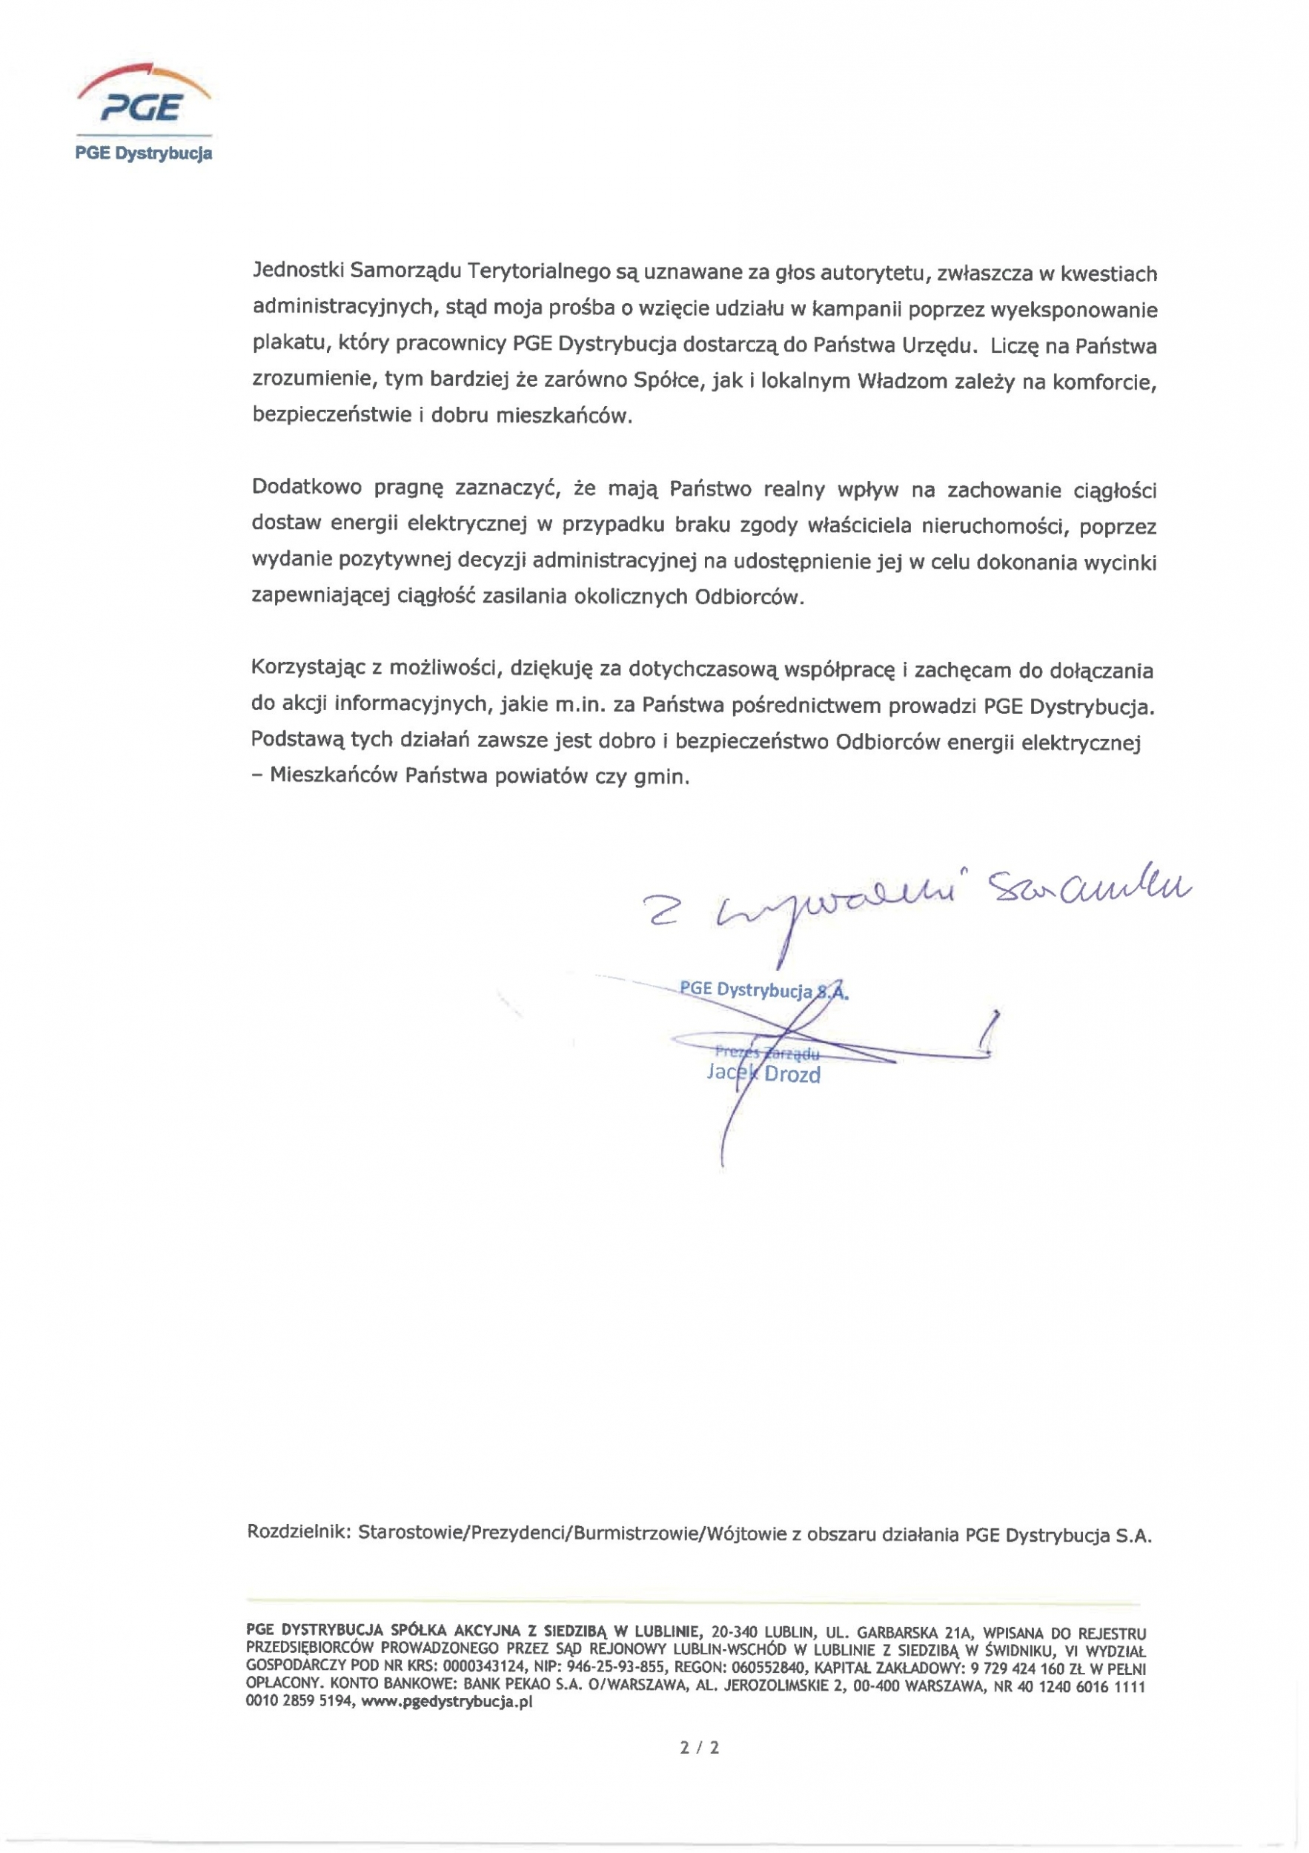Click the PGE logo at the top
(x=144, y=97)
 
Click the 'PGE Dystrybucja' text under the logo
(x=144, y=153)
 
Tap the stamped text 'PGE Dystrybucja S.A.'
(x=763, y=990)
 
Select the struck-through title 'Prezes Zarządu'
(x=766, y=1053)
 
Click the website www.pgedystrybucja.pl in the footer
(x=446, y=1702)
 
